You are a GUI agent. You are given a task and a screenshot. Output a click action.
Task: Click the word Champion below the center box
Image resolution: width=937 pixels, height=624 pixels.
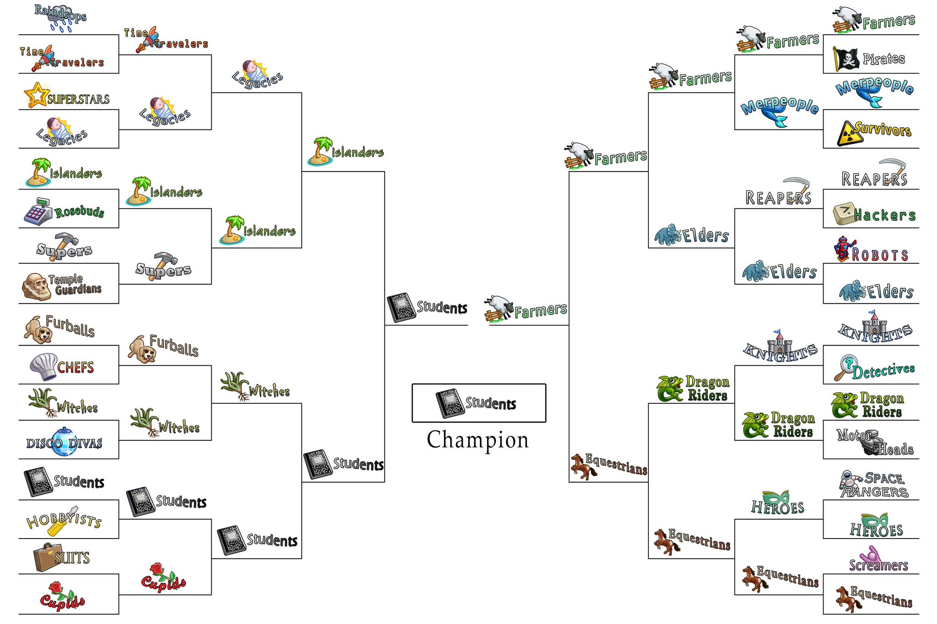pyautogui.click(x=478, y=440)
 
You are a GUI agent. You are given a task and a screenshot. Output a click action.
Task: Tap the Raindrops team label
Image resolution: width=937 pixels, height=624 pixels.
pyautogui.click(x=60, y=17)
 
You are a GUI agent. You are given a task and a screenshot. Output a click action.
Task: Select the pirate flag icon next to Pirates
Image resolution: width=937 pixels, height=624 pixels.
pyautogui.click(x=845, y=59)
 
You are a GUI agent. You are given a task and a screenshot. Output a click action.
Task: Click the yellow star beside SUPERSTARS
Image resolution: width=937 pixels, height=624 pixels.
pyautogui.click(x=36, y=95)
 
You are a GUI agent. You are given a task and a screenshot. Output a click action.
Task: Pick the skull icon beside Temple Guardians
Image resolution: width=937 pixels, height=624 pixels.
pyautogui.click(x=36, y=287)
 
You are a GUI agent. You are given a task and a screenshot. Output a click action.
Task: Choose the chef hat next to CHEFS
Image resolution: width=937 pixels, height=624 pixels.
pyautogui.click(x=43, y=366)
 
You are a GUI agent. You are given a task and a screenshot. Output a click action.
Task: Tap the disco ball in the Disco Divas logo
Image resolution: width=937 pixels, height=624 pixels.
pyautogui.click(x=64, y=442)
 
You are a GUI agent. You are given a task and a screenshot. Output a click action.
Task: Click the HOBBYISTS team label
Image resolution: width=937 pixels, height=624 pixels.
pyautogui.click(x=64, y=521)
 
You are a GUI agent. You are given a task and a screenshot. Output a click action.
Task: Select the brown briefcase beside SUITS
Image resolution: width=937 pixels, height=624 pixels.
pyautogui.click(x=48, y=557)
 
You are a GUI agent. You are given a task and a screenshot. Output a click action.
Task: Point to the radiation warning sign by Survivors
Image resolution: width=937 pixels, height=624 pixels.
pyautogui.click(x=850, y=133)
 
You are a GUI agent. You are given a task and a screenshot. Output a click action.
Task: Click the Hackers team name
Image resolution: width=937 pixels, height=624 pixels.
pyautogui.click(x=884, y=215)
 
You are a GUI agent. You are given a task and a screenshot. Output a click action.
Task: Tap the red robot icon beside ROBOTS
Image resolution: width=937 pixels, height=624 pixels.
pyautogui.click(x=843, y=249)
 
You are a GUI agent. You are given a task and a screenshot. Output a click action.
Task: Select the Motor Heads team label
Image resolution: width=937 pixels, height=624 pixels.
pyautogui.click(x=875, y=442)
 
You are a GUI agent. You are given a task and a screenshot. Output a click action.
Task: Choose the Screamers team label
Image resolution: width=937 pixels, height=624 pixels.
pyautogui.click(x=878, y=559)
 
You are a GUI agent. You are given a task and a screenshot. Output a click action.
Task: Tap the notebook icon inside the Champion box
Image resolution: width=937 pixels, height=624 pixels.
pyautogui.click(x=449, y=403)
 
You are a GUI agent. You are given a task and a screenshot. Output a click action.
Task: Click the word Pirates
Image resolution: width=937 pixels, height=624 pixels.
pyautogui.click(x=883, y=59)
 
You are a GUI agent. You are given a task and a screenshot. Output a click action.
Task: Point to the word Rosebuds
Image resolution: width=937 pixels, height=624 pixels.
pyautogui.click(x=79, y=212)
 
